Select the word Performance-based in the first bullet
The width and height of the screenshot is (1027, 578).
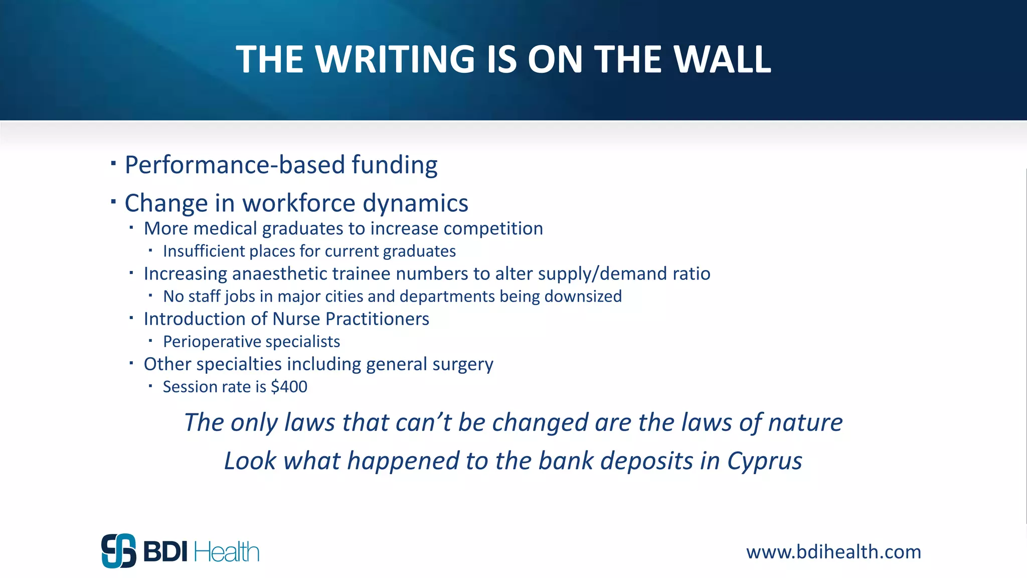pyautogui.click(x=235, y=165)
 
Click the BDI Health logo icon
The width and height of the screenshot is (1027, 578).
pyautogui.click(x=119, y=551)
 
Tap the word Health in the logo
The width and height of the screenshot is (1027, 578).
pyautogui.click(x=226, y=552)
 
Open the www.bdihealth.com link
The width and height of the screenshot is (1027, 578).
pyautogui.click(x=833, y=552)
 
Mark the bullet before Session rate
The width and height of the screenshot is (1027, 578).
pyautogui.click(x=150, y=385)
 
